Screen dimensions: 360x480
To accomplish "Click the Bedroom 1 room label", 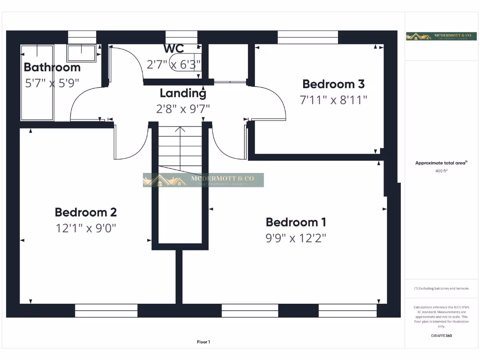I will (296, 222).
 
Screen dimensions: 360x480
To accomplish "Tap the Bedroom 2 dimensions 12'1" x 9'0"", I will (86, 228).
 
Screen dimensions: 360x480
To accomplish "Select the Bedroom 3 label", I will (333, 84).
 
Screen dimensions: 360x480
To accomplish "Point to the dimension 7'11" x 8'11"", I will (333, 100).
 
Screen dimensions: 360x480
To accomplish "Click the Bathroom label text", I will (52, 67).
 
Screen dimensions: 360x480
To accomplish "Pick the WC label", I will (173, 49).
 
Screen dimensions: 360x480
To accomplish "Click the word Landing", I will (183, 93).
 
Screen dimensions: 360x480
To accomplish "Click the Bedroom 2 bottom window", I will (106, 310).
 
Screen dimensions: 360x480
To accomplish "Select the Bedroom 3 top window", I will (307, 37).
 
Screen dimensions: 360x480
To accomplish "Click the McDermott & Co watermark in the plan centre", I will (203, 180).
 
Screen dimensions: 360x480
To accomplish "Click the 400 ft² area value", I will (441, 171).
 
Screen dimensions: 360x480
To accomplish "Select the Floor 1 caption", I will (203, 342).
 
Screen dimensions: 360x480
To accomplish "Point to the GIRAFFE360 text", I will (441, 336).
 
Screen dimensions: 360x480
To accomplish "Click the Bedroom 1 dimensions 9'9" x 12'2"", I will (296, 238).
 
